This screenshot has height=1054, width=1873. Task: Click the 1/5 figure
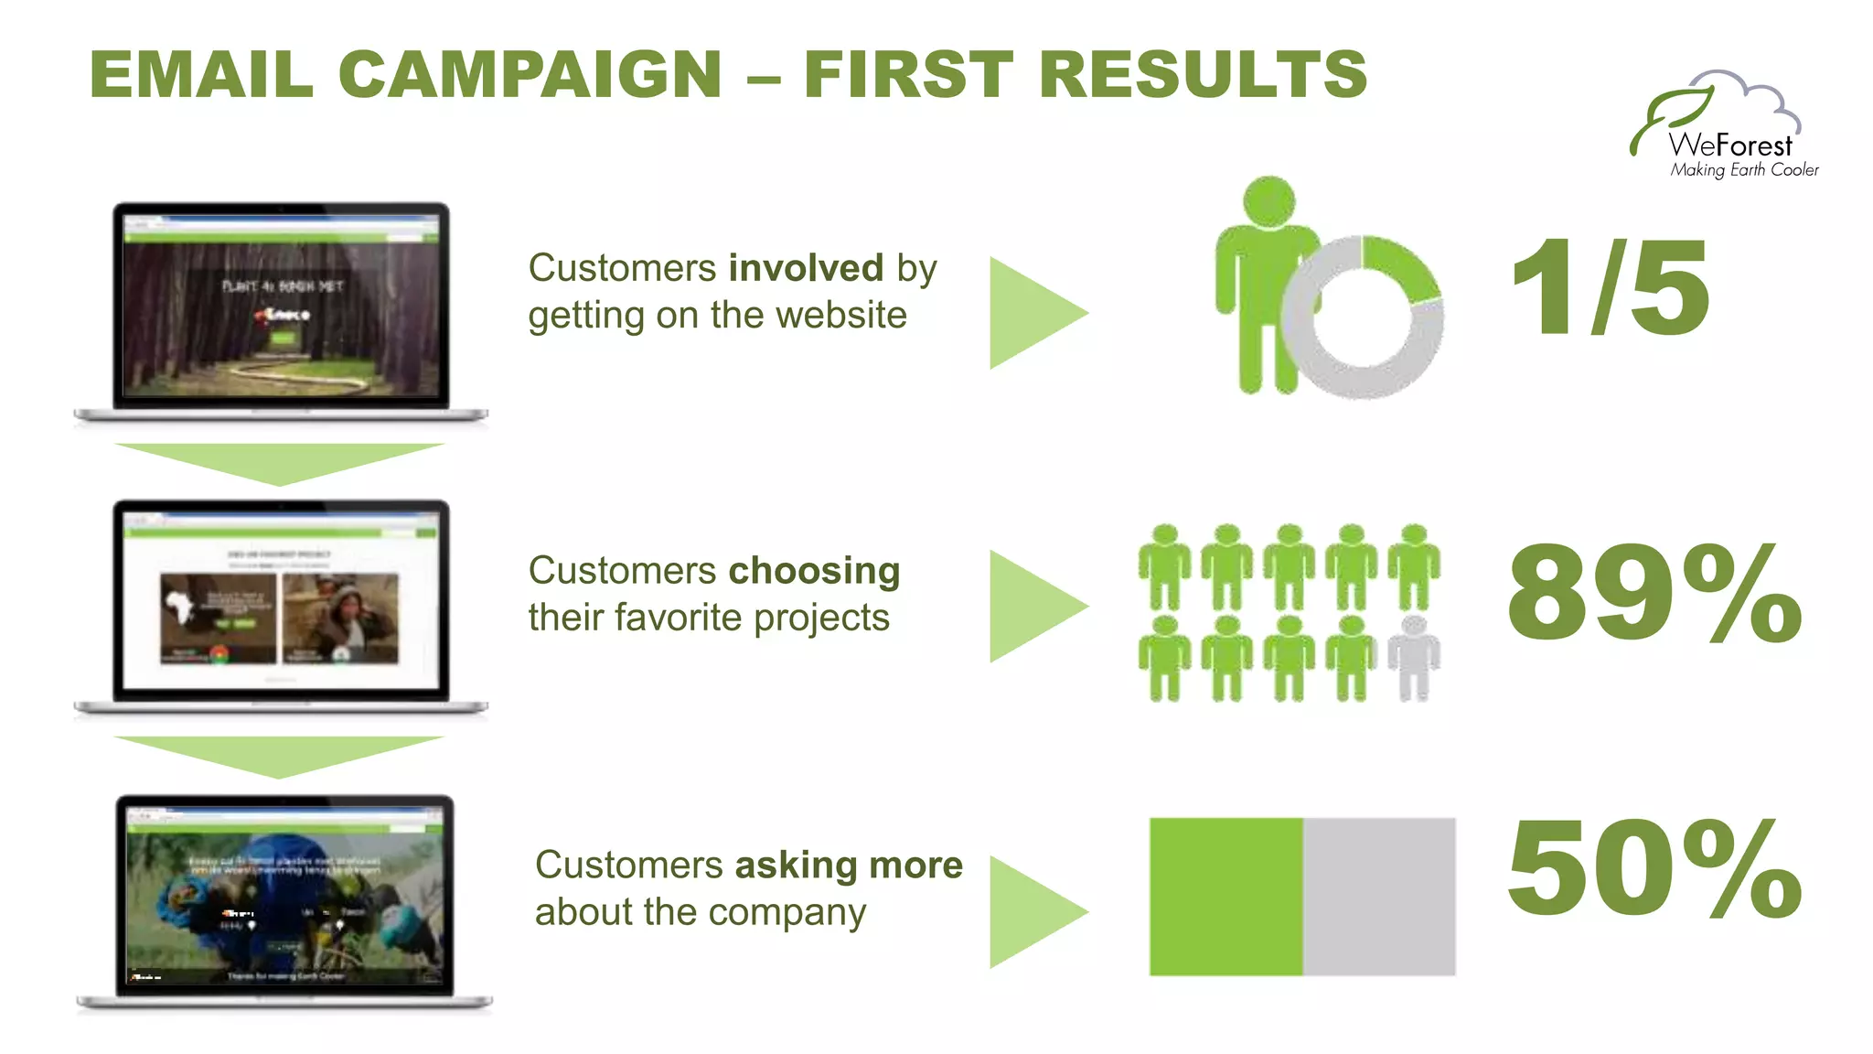click(1610, 288)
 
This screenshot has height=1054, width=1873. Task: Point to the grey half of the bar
click(1379, 897)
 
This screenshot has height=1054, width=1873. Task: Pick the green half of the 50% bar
click(1225, 897)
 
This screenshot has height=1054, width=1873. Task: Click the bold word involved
click(806, 268)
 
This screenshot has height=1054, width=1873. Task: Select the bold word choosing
click(814, 571)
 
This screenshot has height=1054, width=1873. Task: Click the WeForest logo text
click(1729, 145)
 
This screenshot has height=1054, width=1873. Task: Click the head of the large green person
click(1269, 201)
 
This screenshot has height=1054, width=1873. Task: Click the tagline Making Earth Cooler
click(1744, 170)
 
